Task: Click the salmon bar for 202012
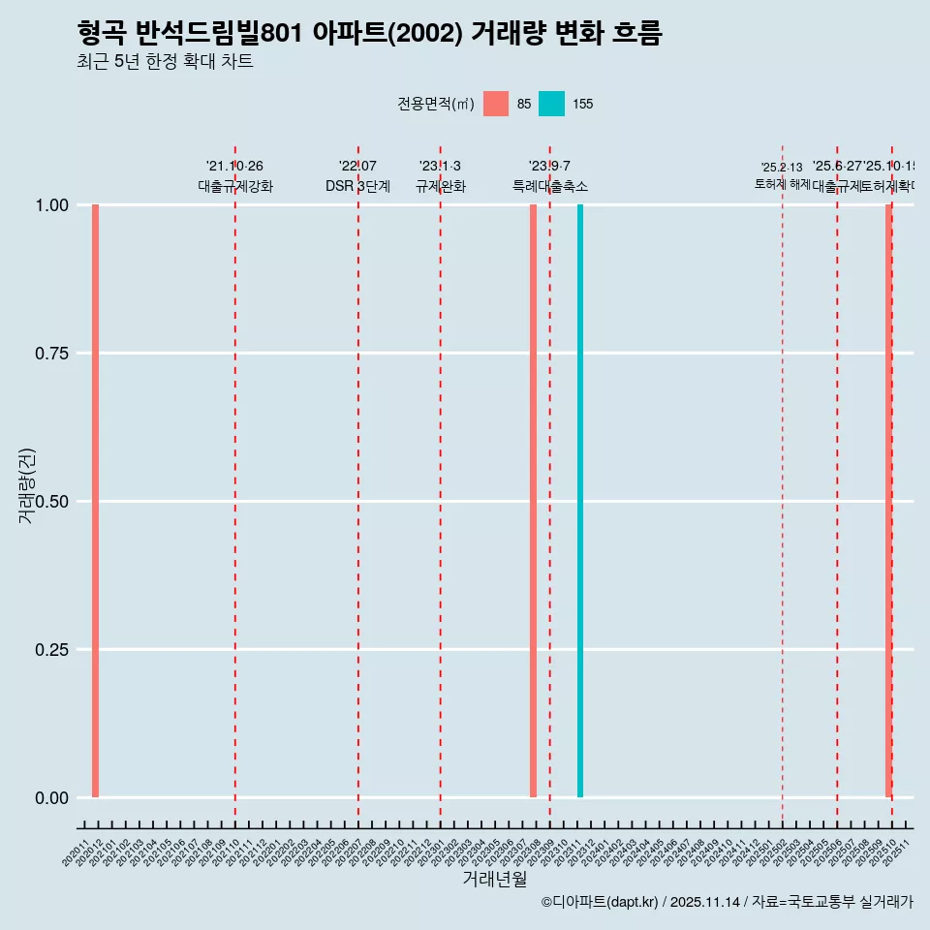(x=95, y=501)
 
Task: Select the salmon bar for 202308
(x=533, y=501)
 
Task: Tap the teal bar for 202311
(x=580, y=501)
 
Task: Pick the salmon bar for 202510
(x=888, y=501)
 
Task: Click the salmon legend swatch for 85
(x=496, y=104)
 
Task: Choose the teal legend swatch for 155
(x=551, y=104)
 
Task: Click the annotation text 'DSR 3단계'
(x=357, y=187)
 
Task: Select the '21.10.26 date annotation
(x=234, y=167)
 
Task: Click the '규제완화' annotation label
(x=441, y=187)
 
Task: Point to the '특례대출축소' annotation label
(x=550, y=187)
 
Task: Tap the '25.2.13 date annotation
(x=782, y=168)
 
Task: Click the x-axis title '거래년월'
(x=495, y=879)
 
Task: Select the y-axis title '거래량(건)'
(x=27, y=486)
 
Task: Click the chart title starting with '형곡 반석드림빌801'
(x=369, y=34)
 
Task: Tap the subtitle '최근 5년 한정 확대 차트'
(x=165, y=62)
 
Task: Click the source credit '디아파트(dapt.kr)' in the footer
(x=601, y=903)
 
